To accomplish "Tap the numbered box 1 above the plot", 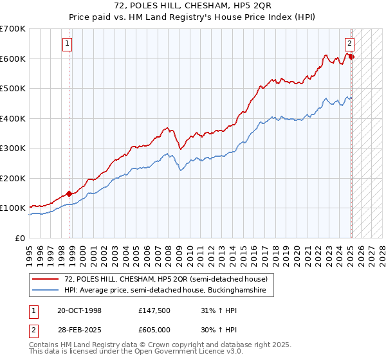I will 68,44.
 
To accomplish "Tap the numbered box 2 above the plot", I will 349,44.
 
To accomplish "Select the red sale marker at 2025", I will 352,57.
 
